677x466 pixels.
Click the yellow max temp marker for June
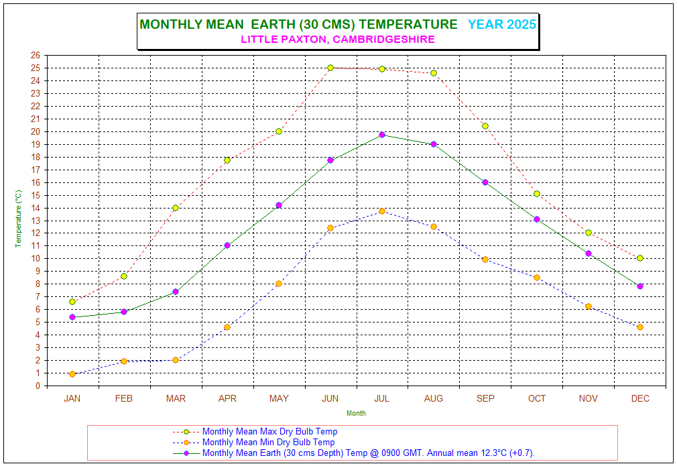click(x=330, y=68)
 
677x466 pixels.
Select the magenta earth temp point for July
click(x=382, y=135)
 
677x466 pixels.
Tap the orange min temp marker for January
click(x=72, y=374)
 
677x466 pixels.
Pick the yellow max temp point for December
click(x=640, y=258)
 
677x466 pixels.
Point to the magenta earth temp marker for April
click(x=227, y=245)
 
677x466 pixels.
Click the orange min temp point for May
click(x=279, y=284)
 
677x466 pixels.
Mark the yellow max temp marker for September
click(x=485, y=126)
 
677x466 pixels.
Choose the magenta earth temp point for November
click(x=589, y=253)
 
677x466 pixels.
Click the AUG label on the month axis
click(x=434, y=398)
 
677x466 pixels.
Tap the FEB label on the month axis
click(x=124, y=398)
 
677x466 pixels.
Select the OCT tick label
click(x=537, y=398)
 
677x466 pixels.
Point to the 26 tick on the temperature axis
click(x=36, y=55)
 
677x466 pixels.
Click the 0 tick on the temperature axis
click(x=38, y=386)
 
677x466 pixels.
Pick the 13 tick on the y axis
click(x=36, y=221)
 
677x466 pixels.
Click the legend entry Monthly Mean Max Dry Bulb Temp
click(x=269, y=432)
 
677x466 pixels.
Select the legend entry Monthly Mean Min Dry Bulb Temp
click(x=268, y=443)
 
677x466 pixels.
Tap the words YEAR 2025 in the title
click(x=502, y=25)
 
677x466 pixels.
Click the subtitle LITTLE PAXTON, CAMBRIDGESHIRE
click(x=338, y=39)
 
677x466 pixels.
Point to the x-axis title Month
click(x=356, y=413)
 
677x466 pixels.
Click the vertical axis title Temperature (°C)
click(x=19, y=218)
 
